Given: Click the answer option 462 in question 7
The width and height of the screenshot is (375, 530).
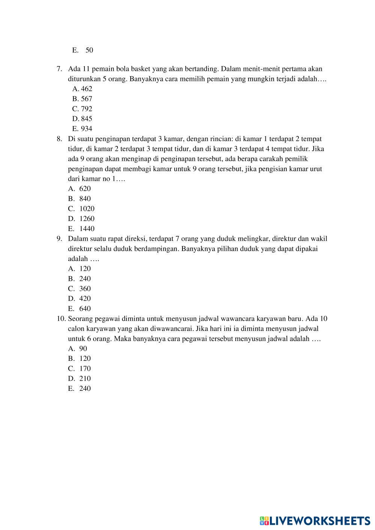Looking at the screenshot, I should [86, 89].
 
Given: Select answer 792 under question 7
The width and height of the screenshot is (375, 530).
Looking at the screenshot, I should [86, 109].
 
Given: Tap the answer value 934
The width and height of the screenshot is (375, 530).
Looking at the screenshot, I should [86, 129].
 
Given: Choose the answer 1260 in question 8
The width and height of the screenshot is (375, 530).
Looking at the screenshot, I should [87, 219].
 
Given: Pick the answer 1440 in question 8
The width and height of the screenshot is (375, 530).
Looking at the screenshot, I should [87, 229].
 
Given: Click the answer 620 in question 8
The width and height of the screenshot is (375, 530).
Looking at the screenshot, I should [85, 189].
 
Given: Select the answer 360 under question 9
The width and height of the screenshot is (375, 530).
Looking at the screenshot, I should [85, 289].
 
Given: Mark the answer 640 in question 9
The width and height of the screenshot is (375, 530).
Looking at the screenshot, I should [85, 309].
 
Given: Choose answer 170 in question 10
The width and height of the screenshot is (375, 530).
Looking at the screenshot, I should [85, 369].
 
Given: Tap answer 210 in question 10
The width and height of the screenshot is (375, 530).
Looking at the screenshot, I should [85, 379].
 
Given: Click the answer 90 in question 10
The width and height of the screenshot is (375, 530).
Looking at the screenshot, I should [83, 349].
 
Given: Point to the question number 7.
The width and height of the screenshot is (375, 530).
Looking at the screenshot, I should [59, 69].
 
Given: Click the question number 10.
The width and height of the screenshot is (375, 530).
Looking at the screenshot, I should [61, 319].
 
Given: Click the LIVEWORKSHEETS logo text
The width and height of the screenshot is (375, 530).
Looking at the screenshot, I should [319, 521].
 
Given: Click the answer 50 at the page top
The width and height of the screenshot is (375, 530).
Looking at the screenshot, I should [89, 50].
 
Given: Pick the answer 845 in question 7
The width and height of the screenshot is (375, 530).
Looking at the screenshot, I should [86, 119].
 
